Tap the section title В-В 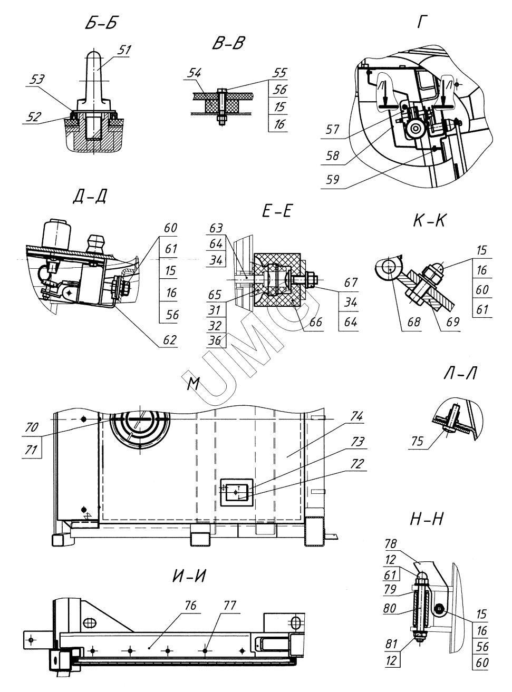(228, 43)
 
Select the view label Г (421, 23)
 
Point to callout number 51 (124, 50)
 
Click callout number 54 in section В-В (194, 73)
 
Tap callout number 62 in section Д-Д (170, 340)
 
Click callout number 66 (315, 322)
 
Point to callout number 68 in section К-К (414, 322)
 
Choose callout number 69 (453, 322)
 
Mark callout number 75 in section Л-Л (418, 441)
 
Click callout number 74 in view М (356, 416)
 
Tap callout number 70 (32, 427)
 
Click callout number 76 (190, 606)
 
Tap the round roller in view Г (416, 128)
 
